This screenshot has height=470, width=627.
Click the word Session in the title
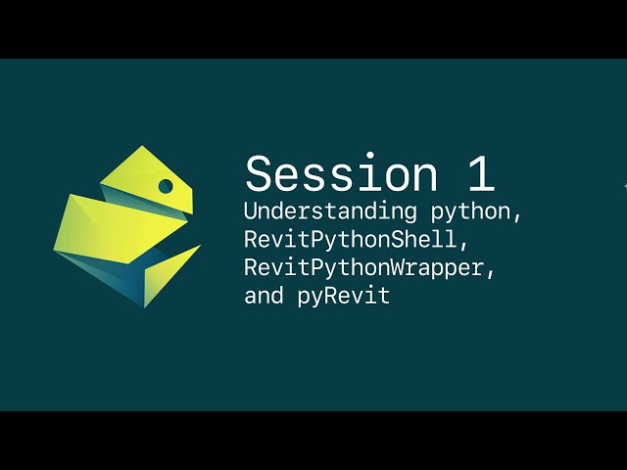point(342,174)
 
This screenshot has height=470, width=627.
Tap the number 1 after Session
point(480,174)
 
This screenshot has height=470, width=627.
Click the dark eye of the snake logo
point(166,186)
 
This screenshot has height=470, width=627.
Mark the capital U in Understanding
point(251,211)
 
